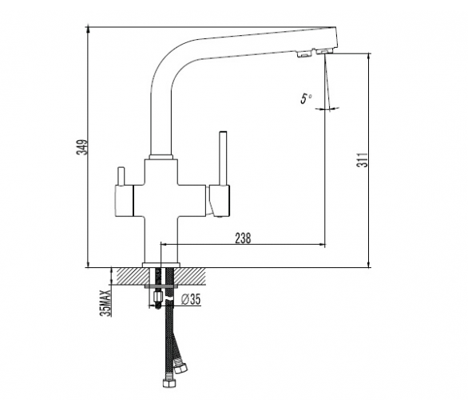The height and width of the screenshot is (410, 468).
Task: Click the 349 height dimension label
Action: click(x=81, y=147)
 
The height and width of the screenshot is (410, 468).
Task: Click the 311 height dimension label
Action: click(x=362, y=160)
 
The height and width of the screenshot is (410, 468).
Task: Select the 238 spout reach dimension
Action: click(x=243, y=239)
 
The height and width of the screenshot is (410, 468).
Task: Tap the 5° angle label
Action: click(x=306, y=98)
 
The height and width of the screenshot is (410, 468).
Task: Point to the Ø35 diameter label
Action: click(x=191, y=299)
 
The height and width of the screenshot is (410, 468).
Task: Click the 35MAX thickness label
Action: click(x=106, y=302)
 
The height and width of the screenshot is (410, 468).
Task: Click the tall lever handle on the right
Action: click(x=223, y=158)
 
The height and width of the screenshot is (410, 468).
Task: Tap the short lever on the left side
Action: click(x=121, y=176)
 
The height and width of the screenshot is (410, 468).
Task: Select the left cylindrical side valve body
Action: click(x=124, y=200)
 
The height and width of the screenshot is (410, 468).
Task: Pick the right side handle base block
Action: click(x=220, y=200)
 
